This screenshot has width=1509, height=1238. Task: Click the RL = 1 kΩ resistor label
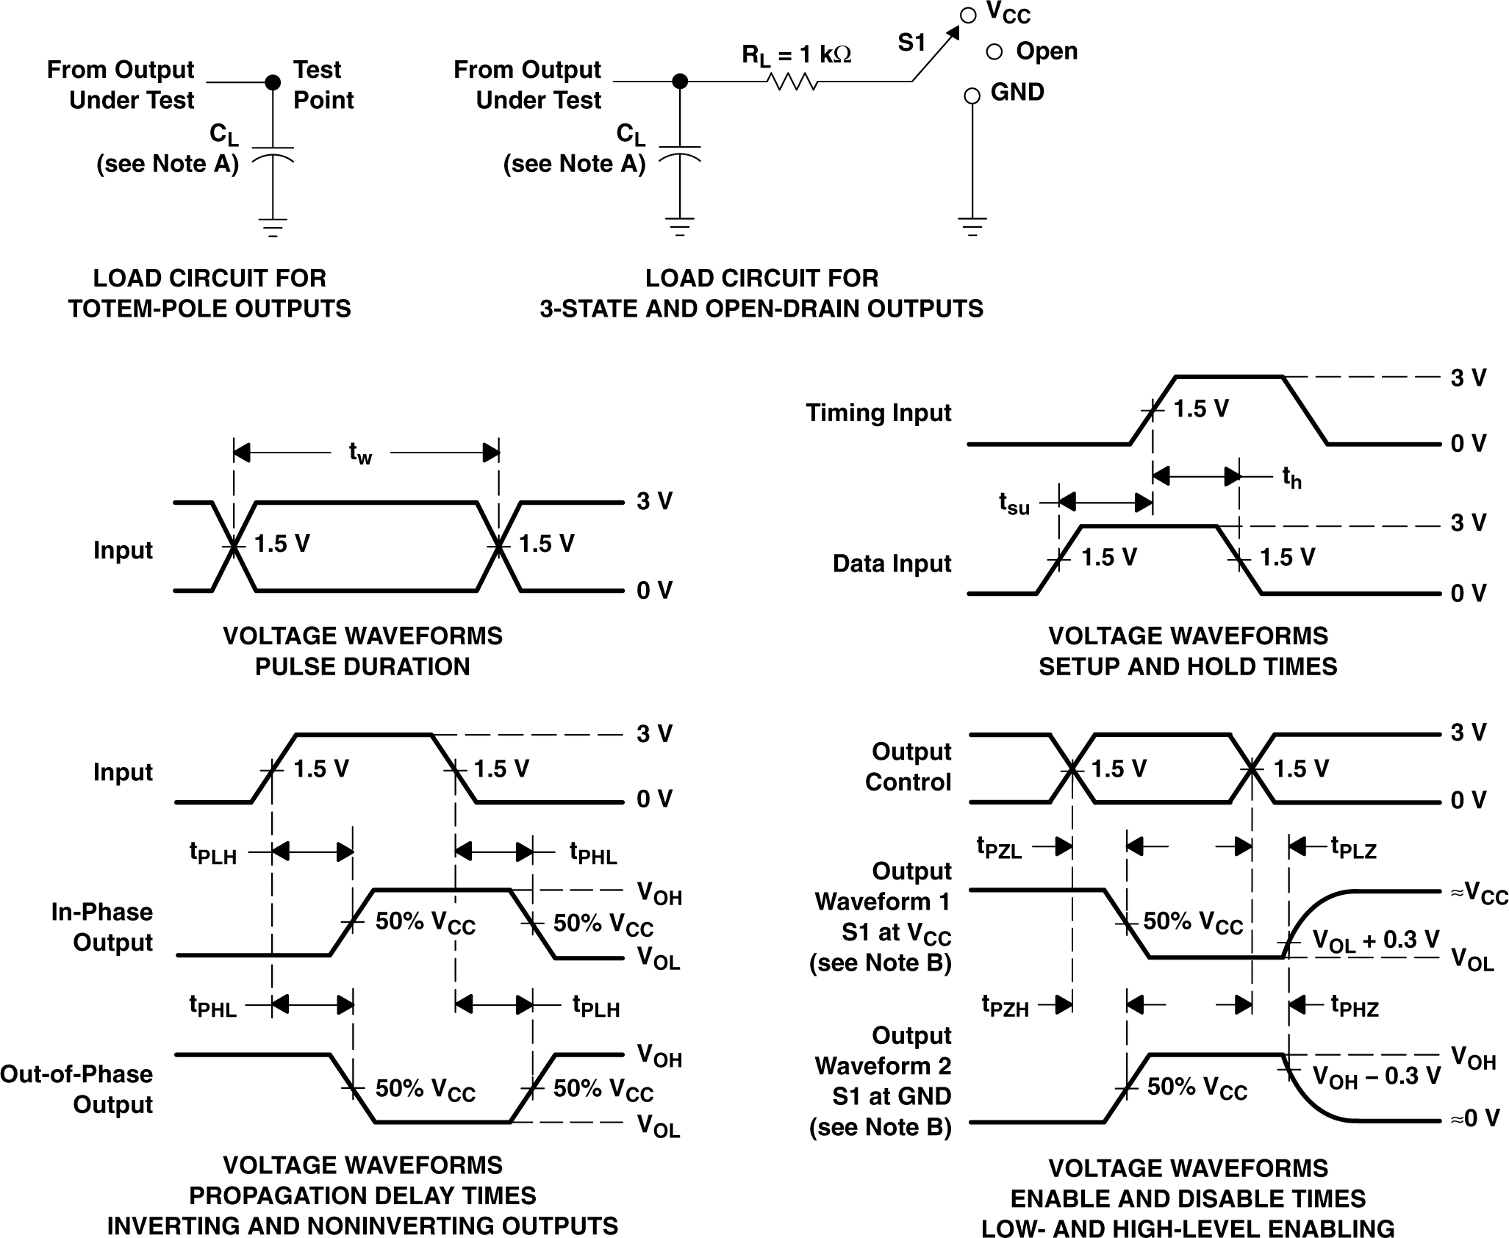796,54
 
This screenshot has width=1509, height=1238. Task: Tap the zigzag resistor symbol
793,82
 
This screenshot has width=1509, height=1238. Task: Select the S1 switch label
911,43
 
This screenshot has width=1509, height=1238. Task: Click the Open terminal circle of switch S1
994,51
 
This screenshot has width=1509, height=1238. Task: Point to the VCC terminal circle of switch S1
969,15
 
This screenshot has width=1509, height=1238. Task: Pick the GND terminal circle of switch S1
972,96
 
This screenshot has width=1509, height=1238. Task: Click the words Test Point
323,84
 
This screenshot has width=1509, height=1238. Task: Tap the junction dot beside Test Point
273,82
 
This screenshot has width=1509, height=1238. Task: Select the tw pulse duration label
360,453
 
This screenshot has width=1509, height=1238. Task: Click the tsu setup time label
1014,503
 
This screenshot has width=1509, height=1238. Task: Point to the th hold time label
1291,478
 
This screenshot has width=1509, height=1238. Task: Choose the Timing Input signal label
878,413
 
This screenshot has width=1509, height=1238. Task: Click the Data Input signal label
892,564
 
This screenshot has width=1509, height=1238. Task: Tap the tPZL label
999,848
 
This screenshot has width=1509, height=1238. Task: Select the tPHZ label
1355,1006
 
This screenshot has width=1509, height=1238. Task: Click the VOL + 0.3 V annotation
1375,941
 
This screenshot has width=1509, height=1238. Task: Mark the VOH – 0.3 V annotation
1376,1076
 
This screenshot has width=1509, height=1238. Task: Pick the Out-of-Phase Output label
76,1090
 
